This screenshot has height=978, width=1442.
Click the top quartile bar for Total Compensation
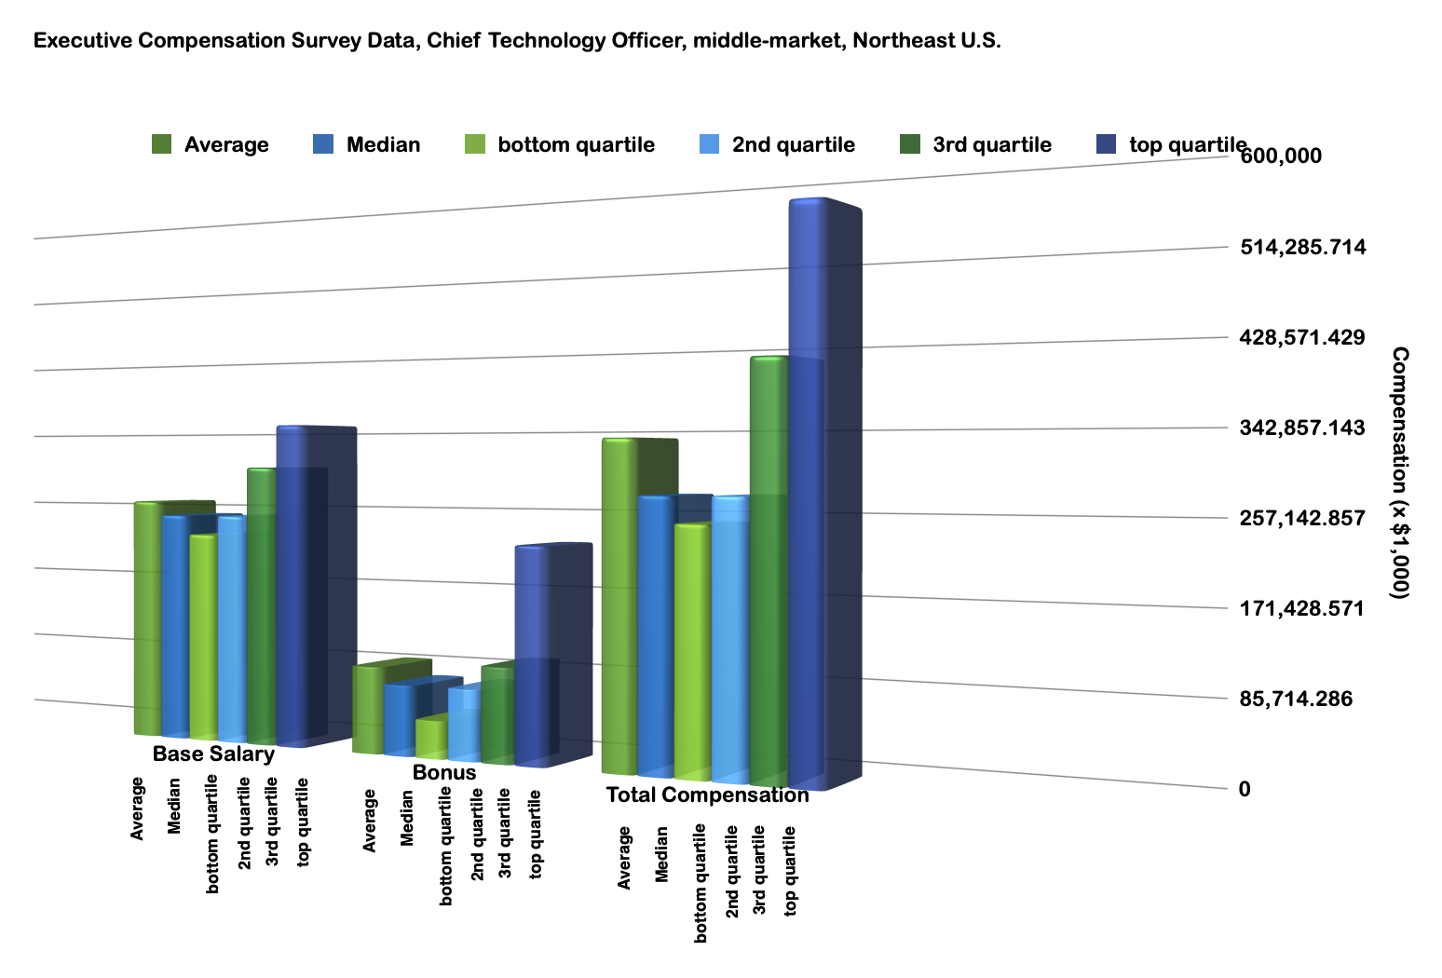pos(807,494)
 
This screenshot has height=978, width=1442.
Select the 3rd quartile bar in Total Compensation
pos(769,568)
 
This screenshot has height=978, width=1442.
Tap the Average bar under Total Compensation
pos(619,605)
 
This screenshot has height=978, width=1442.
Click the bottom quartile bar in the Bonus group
pos(431,738)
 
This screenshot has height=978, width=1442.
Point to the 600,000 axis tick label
pos(1280,156)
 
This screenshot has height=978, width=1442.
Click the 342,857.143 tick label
pos(1302,428)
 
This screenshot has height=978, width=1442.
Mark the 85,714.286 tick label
pos(1295,699)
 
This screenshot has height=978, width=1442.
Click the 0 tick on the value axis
pos(1245,789)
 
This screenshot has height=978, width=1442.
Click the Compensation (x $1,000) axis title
pos(1400,472)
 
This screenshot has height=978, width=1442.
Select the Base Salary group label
pos(213,754)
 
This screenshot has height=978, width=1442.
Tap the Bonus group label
pos(444,772)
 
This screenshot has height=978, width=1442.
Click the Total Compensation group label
pos(707,795)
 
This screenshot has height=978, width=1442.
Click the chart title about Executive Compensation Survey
pos(517,41)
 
